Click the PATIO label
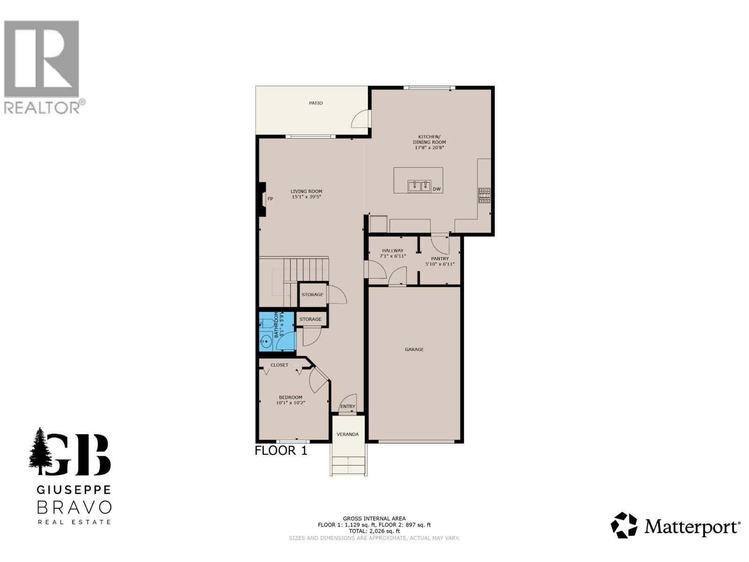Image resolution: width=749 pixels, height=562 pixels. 316,103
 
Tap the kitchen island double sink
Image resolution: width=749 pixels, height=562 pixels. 419,186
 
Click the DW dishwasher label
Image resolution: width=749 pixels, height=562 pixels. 436,189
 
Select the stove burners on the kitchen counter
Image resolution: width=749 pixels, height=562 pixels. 484,195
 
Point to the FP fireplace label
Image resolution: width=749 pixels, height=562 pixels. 270,199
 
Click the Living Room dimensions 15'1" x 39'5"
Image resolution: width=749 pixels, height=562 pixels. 306,197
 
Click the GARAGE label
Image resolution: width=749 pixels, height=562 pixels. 414,349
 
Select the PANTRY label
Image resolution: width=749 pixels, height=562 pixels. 440,259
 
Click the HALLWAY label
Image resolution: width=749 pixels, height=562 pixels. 392,251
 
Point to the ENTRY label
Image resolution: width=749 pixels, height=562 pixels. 348,407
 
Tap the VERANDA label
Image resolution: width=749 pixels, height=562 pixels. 348,434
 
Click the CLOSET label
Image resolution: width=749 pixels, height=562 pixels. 279,365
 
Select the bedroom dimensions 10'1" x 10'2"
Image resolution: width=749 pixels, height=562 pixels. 291,402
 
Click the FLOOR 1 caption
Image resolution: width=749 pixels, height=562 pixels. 281,451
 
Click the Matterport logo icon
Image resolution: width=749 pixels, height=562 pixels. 624,525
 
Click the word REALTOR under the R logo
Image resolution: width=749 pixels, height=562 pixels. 42,107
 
